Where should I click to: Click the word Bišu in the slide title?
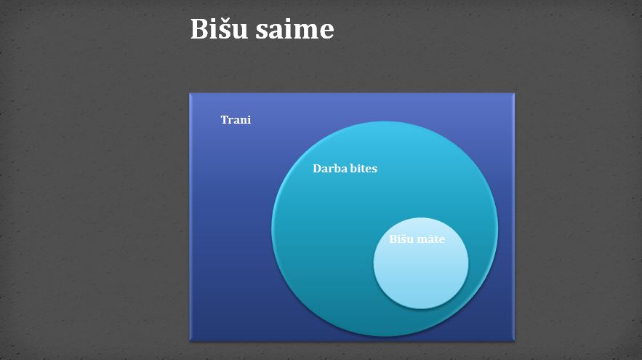tap(219, 28)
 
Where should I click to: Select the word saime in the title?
tap(294, 30)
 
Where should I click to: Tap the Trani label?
tap(236, 119)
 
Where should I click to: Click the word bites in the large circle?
tap(361, 168)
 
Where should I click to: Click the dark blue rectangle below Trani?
tap(229, 229)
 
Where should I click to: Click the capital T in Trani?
tap(225, 119)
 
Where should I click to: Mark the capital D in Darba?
tap(317, 168)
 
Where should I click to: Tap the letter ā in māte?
tap(433, 239)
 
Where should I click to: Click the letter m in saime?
tap(303, 32)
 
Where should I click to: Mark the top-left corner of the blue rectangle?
tap(190, 94)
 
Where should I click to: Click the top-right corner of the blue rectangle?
tap(514, 94)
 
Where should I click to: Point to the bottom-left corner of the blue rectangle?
tap(190, 341)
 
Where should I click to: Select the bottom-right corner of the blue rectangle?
tap(514, 341)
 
